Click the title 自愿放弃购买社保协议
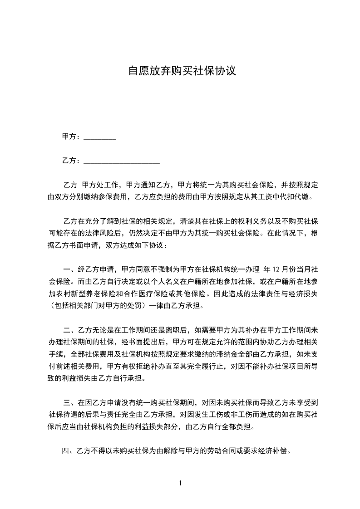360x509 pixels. point(182,72)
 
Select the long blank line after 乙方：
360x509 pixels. point(122,161)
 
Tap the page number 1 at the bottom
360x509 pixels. point(180,483)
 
